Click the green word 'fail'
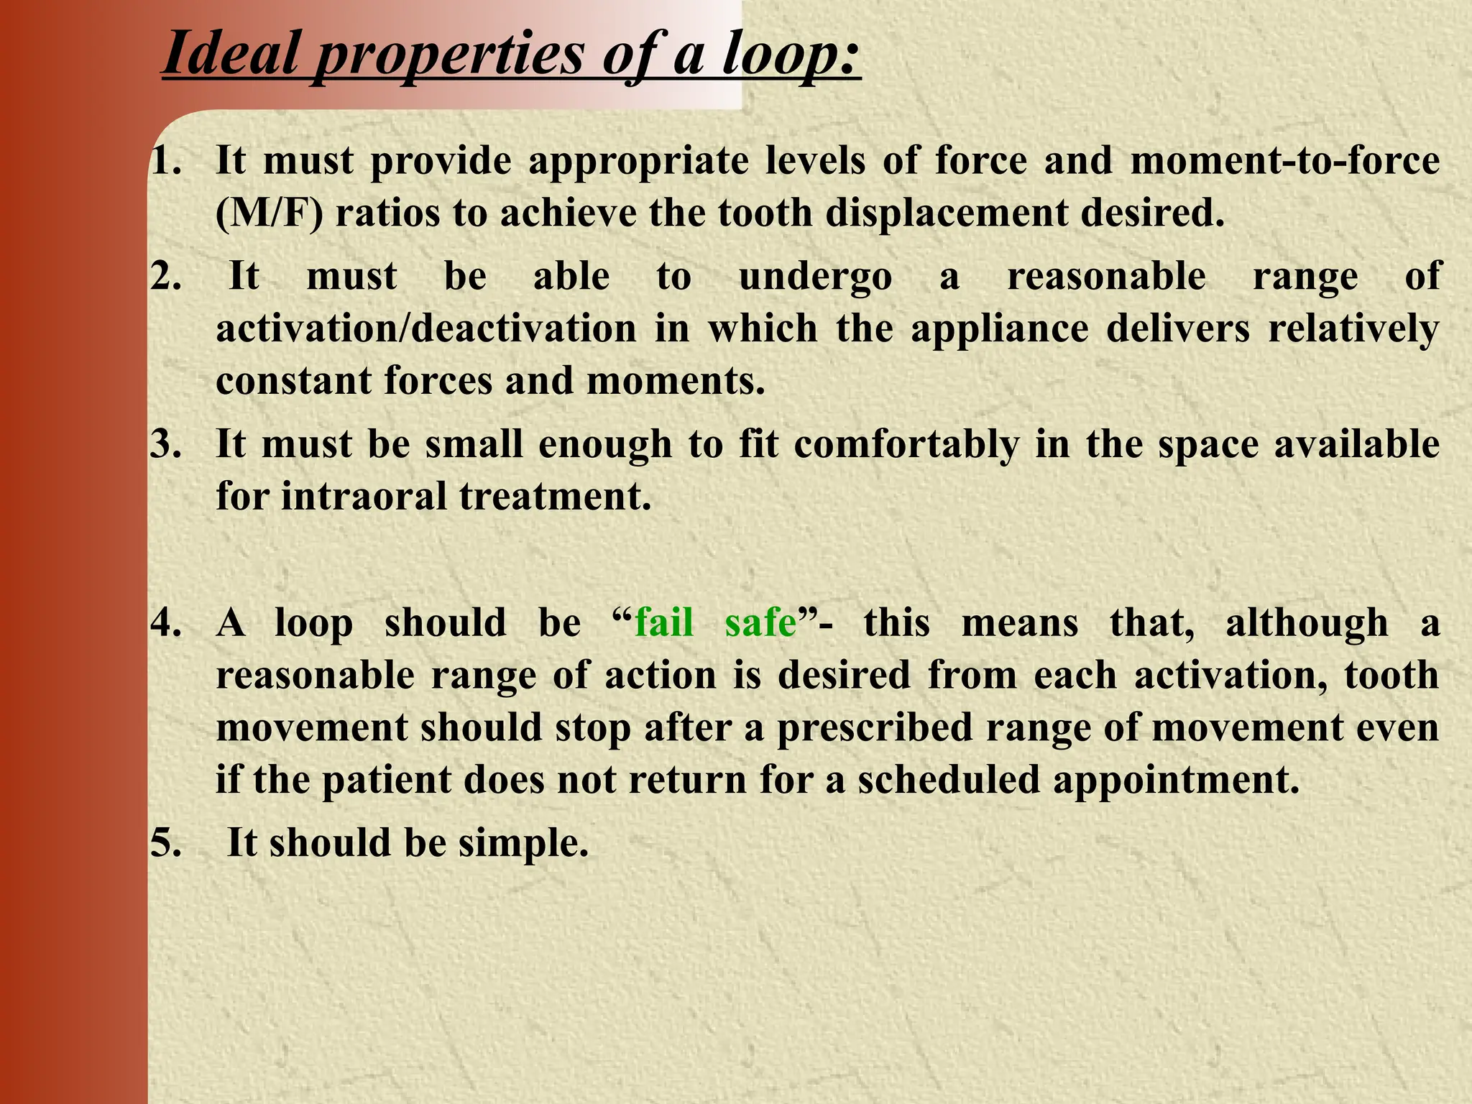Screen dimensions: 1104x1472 [x=664, y=622]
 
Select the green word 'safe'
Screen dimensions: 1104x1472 [x=760, y=622]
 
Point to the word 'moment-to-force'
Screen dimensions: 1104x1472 [x=1284, y=160]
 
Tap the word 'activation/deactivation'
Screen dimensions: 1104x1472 [x=426, y=328]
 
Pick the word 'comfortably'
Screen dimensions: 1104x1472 [x=906, y=446]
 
